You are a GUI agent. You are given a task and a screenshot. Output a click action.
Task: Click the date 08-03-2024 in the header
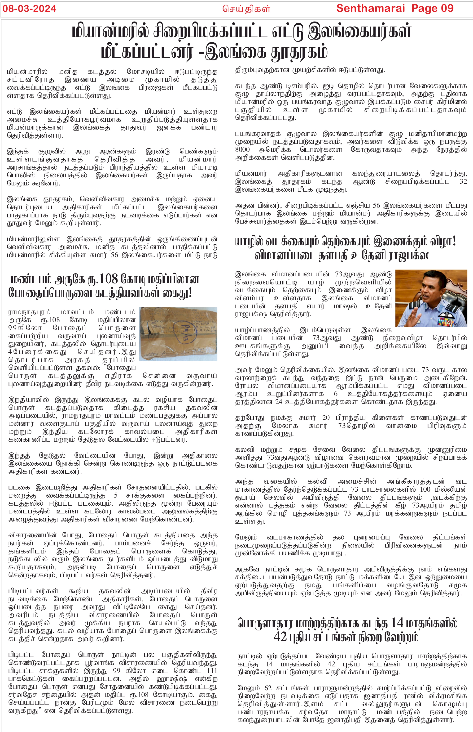coord(29,8)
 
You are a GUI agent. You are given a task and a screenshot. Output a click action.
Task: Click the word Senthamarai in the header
coord(371,8)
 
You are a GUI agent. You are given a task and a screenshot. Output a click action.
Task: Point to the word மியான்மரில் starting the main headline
coord(111,32)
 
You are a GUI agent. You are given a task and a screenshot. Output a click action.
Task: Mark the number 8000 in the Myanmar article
coord(242,150)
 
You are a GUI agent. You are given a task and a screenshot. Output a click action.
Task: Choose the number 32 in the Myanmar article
coord(463,181)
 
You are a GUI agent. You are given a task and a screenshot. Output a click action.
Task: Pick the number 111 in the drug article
coord(212,670)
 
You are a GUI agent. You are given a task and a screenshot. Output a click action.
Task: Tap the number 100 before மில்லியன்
coord(425,489)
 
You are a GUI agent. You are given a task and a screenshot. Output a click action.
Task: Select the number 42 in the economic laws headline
coord(280,636)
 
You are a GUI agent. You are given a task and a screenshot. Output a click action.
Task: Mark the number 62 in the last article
coord(268,687)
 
